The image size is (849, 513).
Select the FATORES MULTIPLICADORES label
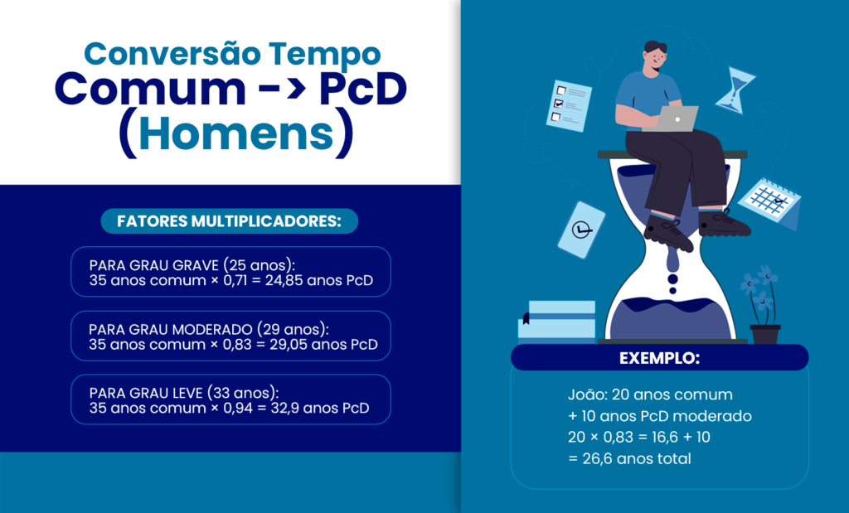229,221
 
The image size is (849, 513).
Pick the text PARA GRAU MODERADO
172,329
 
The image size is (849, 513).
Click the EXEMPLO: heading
659,359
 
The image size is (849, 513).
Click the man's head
655,56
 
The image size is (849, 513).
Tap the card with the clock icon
581,229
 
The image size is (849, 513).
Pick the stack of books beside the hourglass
557,320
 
